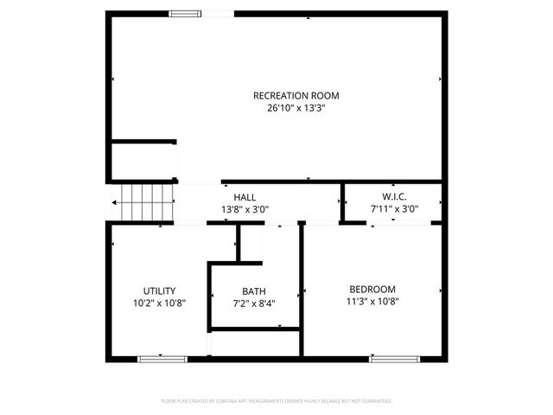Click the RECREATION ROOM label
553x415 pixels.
[296, 95]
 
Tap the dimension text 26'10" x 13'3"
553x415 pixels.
[296, 109]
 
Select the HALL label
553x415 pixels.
[245, 197]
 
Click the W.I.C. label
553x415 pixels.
[394, 197]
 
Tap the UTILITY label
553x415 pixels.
[160, 290]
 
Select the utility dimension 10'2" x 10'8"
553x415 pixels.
[160, 303]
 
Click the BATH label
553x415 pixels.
[254, 290]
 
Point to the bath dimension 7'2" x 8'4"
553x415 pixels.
[254, 303]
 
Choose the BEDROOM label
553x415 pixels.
[372, 289]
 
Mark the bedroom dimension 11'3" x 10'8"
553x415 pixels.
[372, 302]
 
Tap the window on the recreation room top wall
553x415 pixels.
[182, 13]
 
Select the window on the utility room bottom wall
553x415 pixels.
[162, 358]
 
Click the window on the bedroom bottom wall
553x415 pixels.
[395, 358]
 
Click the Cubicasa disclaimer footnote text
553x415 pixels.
[276, 401]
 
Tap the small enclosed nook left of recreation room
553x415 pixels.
[143, 162]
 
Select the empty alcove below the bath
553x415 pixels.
[255, 342]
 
